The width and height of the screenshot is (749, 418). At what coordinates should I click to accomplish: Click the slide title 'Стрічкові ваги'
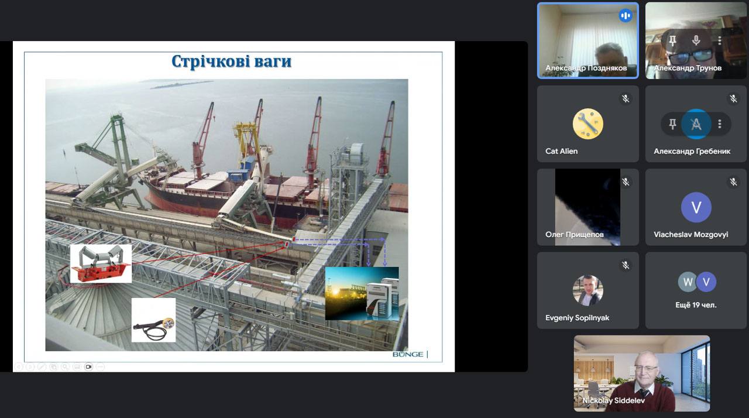tap(231, 61)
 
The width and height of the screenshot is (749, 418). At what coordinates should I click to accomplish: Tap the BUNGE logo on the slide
tap(408, 354)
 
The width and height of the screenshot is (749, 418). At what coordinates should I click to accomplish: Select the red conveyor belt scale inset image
tap(101, 263)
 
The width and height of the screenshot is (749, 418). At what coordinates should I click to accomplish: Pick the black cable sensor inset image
tap(153, 320)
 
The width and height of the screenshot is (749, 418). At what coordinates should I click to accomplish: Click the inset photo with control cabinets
tap(362, 293)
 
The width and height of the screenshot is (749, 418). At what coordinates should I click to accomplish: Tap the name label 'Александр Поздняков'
tap(586, 68)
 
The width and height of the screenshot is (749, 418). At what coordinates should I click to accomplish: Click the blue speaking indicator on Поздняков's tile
tap(626, 15)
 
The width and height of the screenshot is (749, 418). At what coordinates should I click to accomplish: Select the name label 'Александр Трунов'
tap(688, 68)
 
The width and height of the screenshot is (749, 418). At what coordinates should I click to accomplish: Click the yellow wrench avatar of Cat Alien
tap(588, 124)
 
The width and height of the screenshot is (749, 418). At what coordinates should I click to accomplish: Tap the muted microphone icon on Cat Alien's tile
tap(626, 99)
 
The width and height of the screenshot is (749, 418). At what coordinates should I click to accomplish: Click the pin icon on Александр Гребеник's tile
tap(672, 124)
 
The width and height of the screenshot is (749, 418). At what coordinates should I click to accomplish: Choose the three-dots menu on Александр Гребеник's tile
tap(720, 124)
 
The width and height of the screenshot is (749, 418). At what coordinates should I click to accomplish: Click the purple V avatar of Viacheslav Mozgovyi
tap(696, 207)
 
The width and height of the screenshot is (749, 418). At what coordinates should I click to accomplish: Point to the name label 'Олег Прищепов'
tap(575, 234)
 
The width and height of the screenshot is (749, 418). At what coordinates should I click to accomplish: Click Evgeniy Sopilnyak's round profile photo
tap(588, 290)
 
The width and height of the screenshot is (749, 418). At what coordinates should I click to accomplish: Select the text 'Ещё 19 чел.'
tap(696, 305)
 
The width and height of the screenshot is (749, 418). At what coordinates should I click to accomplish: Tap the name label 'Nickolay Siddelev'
tap(613, 400)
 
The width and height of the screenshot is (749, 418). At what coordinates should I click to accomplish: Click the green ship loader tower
tap(118, 157)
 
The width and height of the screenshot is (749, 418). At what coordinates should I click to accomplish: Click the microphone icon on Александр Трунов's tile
tap(696, 40)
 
